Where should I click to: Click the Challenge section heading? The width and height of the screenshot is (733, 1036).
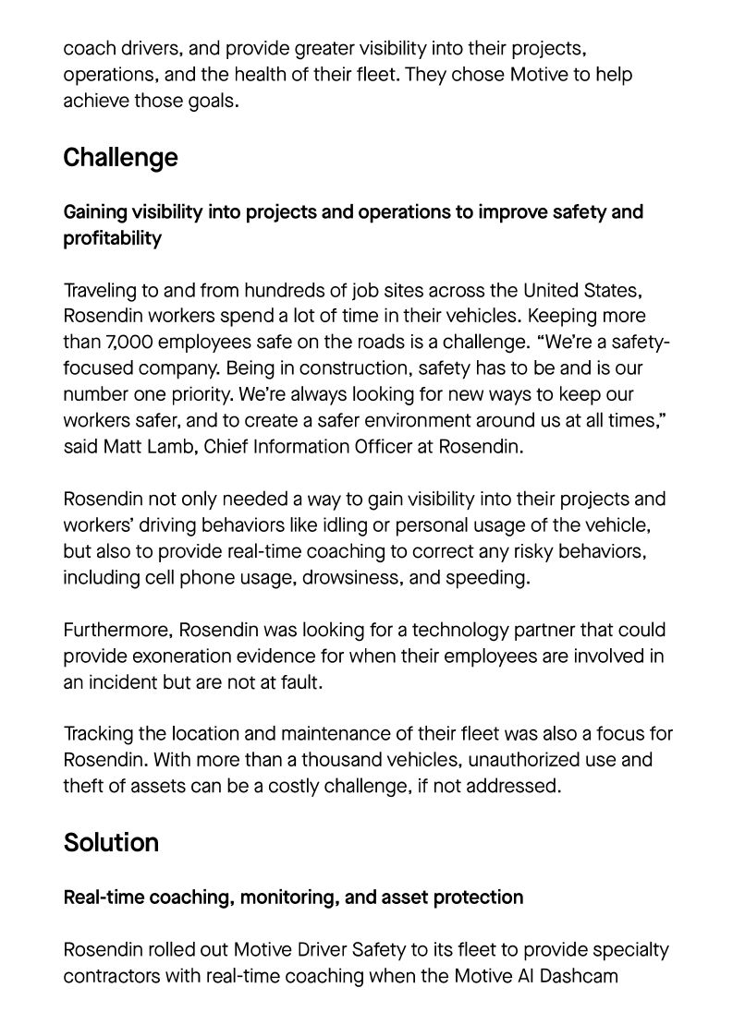[120, 158]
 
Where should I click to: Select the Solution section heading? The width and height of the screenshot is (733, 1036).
[111, 843]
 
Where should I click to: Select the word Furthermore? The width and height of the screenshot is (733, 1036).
[116, 631]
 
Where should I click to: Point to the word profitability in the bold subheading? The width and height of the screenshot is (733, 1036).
[112, 238]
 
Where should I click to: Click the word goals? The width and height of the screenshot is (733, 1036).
[212, 101]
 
